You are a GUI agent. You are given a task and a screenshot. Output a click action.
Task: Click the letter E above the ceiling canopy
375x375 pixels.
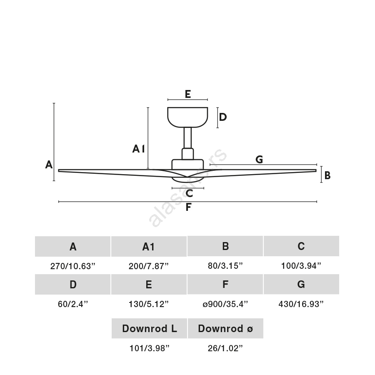(x=188, y=94)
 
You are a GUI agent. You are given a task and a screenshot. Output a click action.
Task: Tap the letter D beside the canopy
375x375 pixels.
(x=222, y=117)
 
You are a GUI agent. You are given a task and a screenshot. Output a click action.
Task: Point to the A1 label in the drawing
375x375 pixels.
(x=139, y=149)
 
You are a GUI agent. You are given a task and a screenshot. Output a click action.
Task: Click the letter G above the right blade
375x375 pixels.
(x=259, y=160)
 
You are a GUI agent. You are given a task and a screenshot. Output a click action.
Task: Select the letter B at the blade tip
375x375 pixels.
(x=327, y=175)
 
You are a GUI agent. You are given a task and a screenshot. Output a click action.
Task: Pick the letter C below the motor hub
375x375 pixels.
(x=189, y=193)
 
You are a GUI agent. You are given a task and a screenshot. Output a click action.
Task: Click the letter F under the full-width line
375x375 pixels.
(x=188, y=207)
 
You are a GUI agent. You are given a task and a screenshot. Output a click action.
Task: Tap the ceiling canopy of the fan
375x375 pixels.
(x=187, y=117)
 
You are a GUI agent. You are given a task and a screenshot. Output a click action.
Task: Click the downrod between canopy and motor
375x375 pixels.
(x=187, y=138)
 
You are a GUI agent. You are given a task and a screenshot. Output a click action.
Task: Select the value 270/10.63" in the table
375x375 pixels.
(x=72, y=266)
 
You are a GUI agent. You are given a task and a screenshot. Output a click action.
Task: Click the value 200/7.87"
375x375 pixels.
(x=148, y=266)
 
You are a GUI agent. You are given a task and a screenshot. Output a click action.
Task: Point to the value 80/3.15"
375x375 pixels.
(x=225, y=266)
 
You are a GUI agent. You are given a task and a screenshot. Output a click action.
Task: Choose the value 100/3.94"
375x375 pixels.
(x=301, y=266)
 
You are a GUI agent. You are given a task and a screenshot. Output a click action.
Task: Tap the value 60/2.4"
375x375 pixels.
(x=72, y=304)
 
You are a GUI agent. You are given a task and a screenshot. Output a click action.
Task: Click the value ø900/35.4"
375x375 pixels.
(x=225, y=304)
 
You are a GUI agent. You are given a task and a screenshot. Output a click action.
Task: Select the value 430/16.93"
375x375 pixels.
(x=301, y=304)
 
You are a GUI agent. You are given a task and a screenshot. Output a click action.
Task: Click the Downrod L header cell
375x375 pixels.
(x=149, y=328)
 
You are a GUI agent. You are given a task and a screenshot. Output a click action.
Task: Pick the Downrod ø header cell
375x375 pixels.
(x=225, y=328)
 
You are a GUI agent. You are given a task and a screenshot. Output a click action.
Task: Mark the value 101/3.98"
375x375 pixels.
(x=149, y=348)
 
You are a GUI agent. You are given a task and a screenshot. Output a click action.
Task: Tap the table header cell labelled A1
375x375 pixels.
(x=149, y=246)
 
